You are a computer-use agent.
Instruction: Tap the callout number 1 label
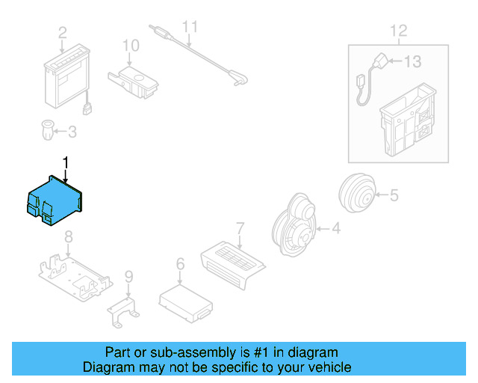[66, 162]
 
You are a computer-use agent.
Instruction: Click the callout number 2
[62, 32]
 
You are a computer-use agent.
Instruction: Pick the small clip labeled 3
[46, 132]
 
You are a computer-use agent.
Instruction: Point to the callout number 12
[398, 31]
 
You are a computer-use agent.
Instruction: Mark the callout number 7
[240, 227]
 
